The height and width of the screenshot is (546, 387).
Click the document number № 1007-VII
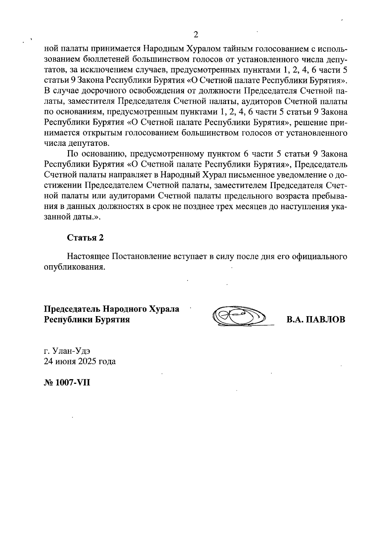point(67,383)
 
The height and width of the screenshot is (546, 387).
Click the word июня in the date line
point(65,361)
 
